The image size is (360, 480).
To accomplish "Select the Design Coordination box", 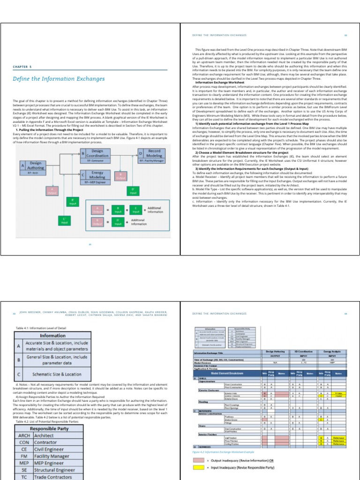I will pyautogui.click(x=97, y=153).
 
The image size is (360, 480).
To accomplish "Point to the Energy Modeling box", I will pyautogui.click(x=97, y=175).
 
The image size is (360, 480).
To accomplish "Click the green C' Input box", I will pyautogui.click(x=65, y=220).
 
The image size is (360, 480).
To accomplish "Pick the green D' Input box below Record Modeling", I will pyautogui.click(x=133, y=190).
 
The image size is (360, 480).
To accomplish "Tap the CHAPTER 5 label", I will pyautogui.click(x=23, y=67).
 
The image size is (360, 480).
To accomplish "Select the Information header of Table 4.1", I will pyautogui.click(x=52, y=336).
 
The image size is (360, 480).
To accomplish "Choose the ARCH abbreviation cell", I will pyautogui.click(x=24, y=435).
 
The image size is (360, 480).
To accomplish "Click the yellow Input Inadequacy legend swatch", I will pyautogui.click(x=199, y=468).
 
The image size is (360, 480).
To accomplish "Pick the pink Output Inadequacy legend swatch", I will pyautogui.click(x=199, y=461).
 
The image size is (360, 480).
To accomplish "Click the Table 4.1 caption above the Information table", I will pyautogui.click(x=41, y=328).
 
